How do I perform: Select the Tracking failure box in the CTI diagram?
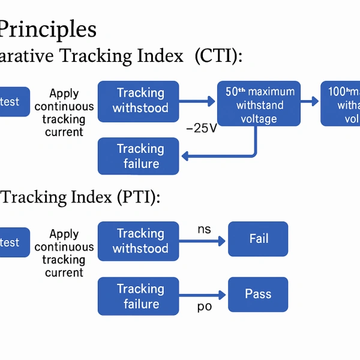pyautogui.click(x=138, y=156)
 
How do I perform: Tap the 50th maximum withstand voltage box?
pyautogui.click(x=259, y=104)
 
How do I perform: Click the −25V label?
pyautogui.click(x=202, y=128)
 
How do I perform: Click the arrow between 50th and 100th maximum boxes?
pyautogui.click(x=310, y=101)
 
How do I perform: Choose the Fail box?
pyautogui.click(x=258, y=239)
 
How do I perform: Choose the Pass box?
pyautogui.click(x=258, y=294)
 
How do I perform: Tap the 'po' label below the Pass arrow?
pyautogui.click(x=205, y=307)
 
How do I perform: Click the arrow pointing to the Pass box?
pyautogui.click(x=204, y=295)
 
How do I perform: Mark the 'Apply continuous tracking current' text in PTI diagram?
pyautogui.click(x=64, y=253)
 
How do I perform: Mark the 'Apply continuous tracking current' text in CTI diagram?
pyautogui.click(x=64, y=113)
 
